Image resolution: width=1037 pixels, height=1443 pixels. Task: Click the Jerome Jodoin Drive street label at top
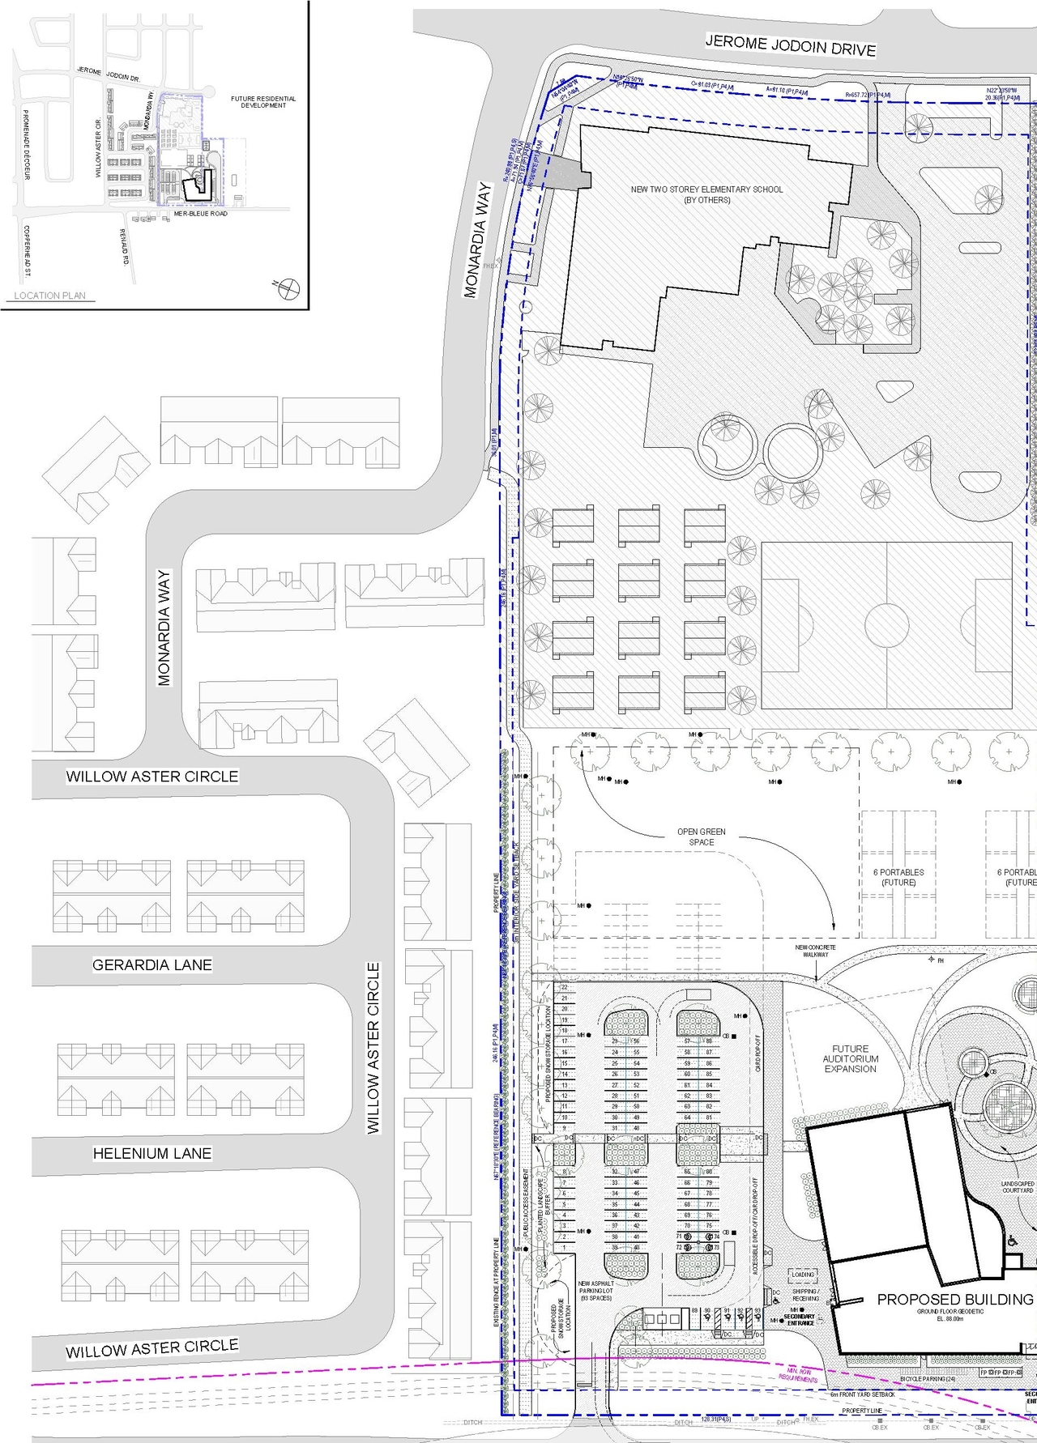tap(790, 45)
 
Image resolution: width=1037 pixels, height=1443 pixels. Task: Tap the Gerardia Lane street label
tap(152, 964)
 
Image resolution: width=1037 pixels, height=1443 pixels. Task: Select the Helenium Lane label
tap(152, 1153)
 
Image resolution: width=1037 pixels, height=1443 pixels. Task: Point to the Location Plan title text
tap(49, 296)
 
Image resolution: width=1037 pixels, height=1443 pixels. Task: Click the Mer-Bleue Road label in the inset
tap(200, 214)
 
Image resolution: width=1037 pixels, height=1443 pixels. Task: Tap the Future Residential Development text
tap(263, 102)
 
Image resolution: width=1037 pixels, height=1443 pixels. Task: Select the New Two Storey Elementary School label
tap(706, 194)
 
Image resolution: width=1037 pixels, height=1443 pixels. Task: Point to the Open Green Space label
tap(702, 836)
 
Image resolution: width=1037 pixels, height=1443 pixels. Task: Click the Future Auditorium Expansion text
tap(851, 1058)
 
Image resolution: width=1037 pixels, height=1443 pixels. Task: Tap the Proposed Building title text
tap(955, 1299)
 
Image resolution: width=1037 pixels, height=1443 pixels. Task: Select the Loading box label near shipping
tap(803, 1275)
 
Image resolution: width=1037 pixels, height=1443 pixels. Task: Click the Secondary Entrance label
tap(800, 1319)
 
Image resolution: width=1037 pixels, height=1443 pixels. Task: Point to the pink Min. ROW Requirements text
tap(798, 1375)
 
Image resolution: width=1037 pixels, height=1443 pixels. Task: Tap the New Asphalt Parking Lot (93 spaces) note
tap(596, 1291)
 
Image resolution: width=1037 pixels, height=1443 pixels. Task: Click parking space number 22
tap(565, 988)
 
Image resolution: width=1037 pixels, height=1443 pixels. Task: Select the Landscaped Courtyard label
tap(1018, 1187)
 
